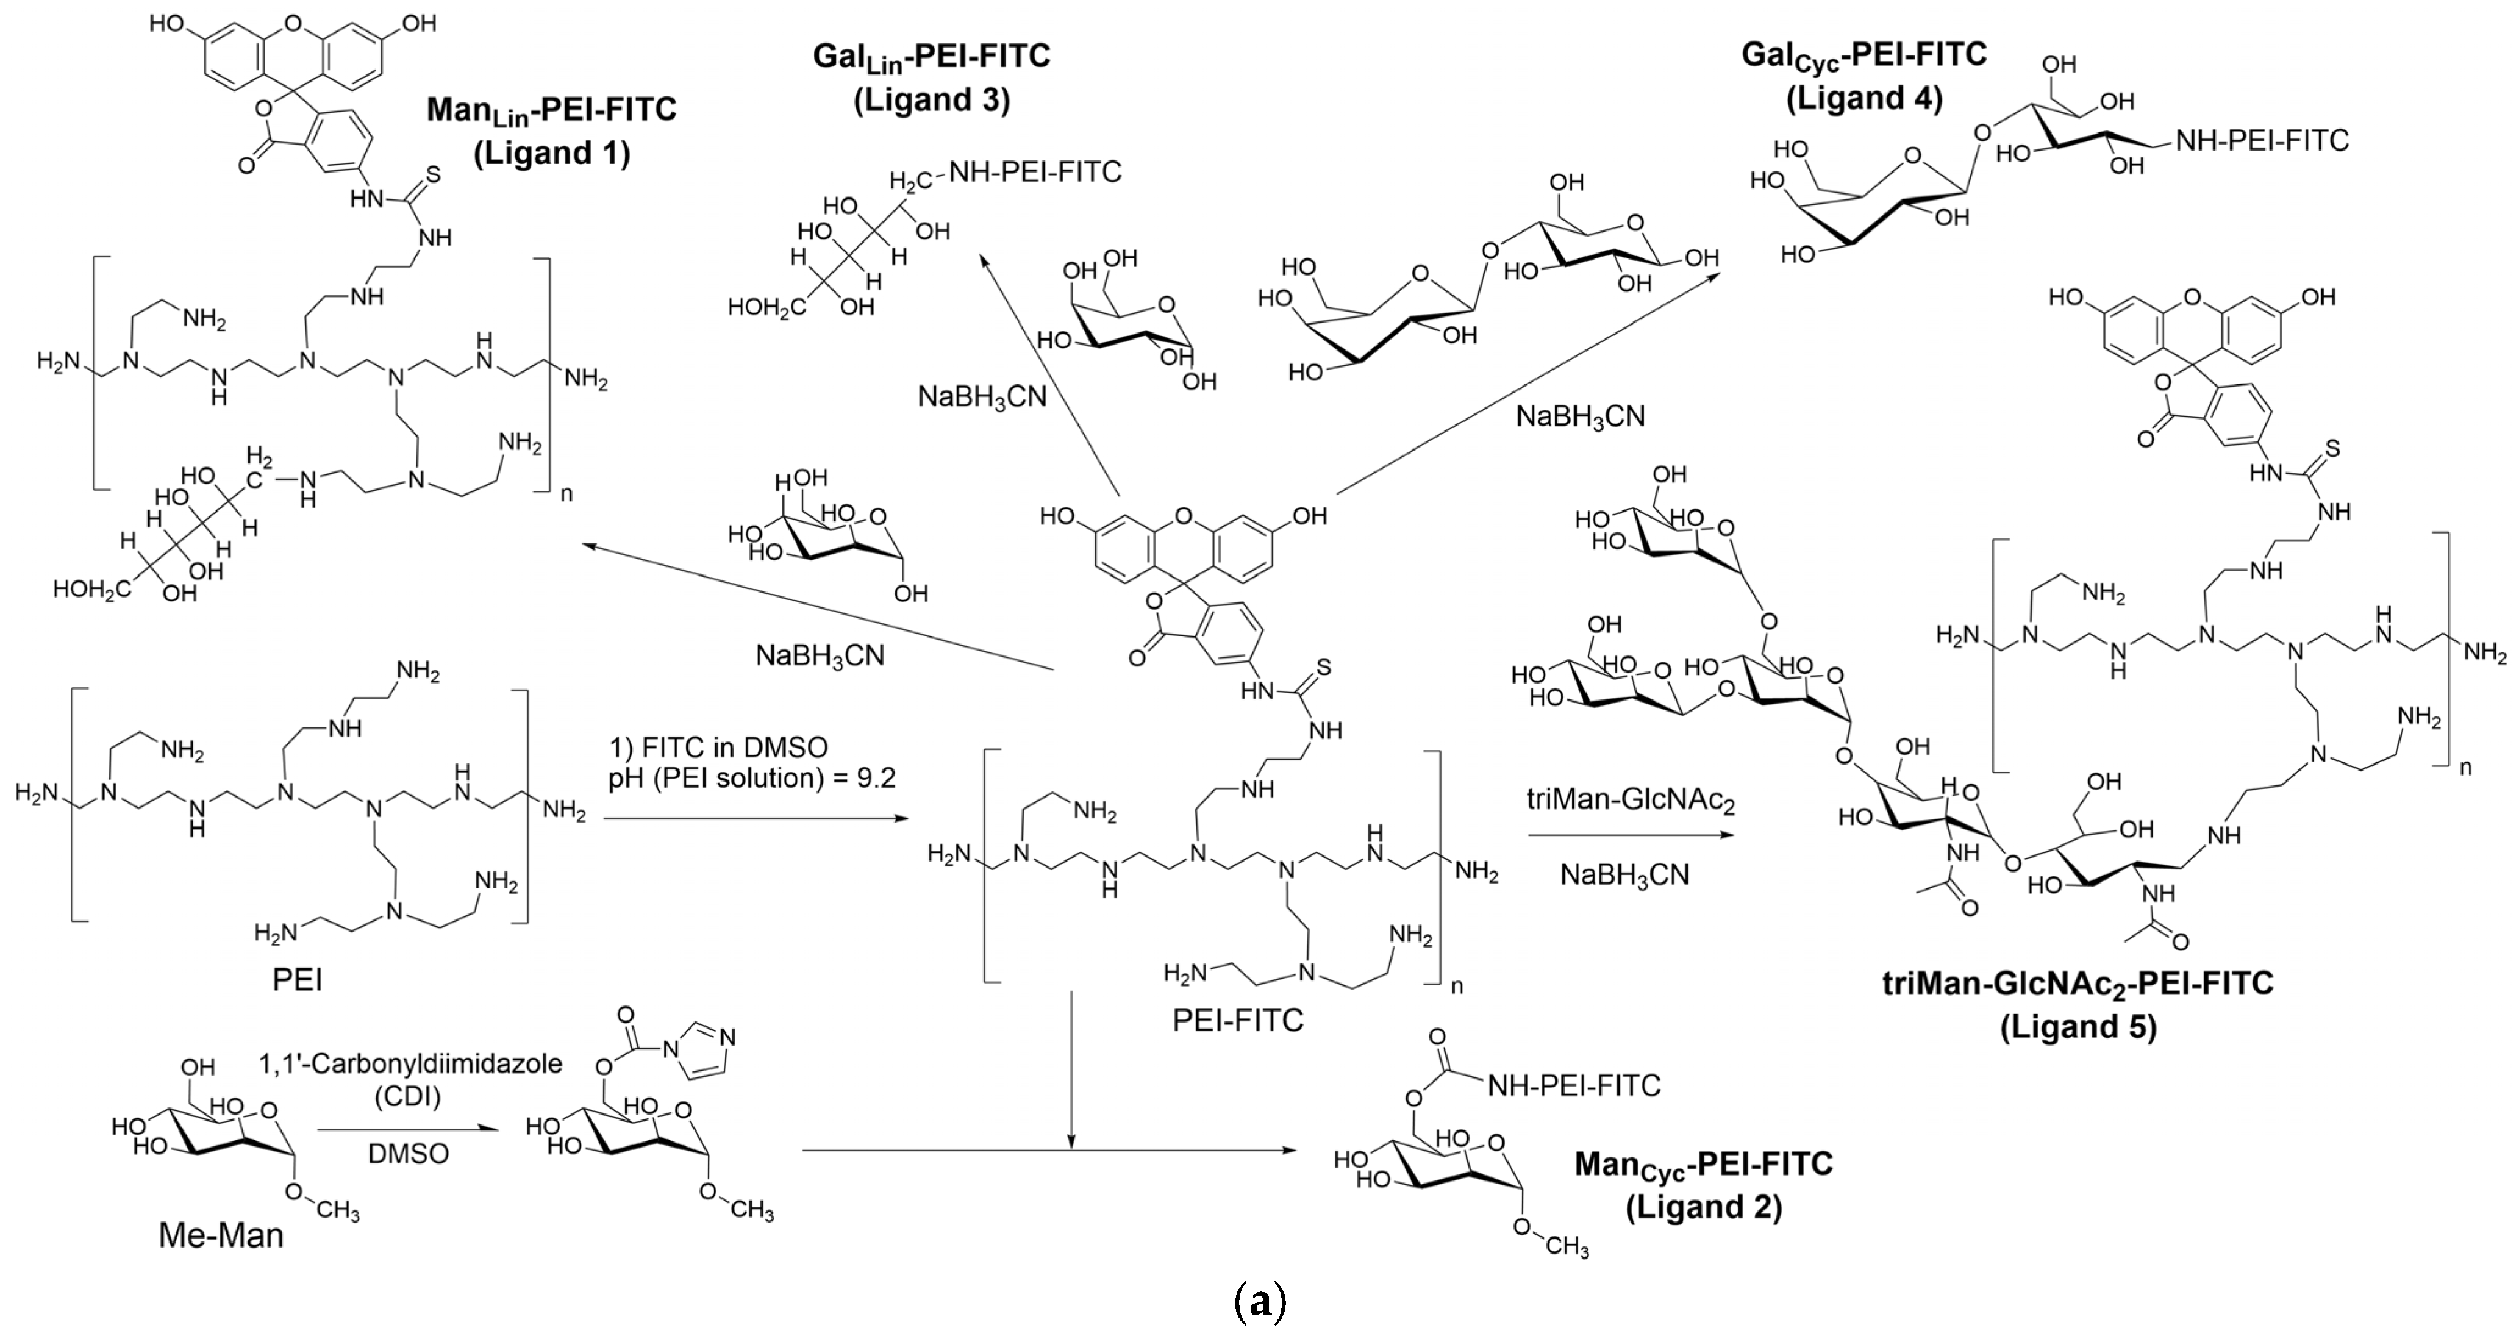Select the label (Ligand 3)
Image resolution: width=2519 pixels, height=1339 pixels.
931,101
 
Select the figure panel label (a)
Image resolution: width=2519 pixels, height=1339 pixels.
1260,1303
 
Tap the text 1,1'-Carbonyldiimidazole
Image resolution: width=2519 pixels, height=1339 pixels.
411,1064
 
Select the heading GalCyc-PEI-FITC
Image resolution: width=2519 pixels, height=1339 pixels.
1864,55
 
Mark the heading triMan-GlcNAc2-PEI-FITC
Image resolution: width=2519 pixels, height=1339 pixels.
2078,983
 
